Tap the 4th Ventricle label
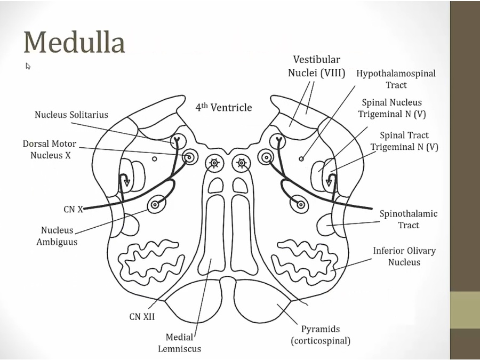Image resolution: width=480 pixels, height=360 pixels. pyautogui.click(x=223, y=107)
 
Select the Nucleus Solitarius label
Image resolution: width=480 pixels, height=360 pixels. pyautogui.click(x=71, y=115)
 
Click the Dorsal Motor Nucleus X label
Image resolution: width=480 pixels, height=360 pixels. pyautogui.click(x=50, y=150)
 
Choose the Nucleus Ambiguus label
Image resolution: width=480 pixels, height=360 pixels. pyautogui.click(x=59, y=236)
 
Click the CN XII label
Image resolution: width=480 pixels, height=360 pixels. pyautogui.click(x=142, y=316)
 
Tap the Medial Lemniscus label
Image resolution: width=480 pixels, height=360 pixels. pyautogui.click(x=183, y=343)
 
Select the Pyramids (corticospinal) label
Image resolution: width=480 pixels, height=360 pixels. pyautogui.click(x=320, y=335)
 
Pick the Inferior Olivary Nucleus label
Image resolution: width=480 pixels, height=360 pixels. pyautogui.click(x=404, y=256)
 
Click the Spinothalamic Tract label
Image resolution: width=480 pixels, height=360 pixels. pyautogui.click(x=409, y=219)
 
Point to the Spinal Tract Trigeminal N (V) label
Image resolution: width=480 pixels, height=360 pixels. pyautogui.click(x=404, y=141)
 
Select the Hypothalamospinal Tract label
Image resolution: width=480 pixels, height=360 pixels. pyautogui.click(x=396, y=79)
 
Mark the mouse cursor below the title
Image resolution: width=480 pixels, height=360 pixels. pyautogui.click(x=28, y=66)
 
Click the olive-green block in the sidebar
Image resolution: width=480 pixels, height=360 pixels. pyautogui.click(x=465, y=310)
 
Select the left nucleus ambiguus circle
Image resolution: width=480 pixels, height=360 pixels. pyautogui.click(x=156, y=204)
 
